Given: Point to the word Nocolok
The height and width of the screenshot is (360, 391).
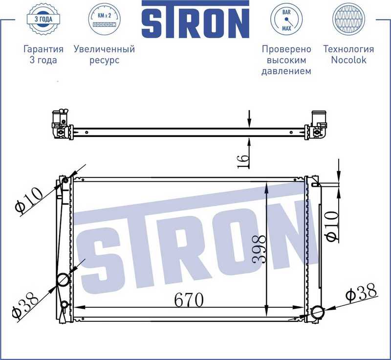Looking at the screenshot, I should click(348, 60).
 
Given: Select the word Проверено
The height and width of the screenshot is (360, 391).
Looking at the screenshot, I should click(286, 49).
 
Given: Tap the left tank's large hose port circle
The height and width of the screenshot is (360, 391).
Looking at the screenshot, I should click(64, 280).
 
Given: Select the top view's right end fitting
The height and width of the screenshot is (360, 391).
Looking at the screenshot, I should click(317, 125).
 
